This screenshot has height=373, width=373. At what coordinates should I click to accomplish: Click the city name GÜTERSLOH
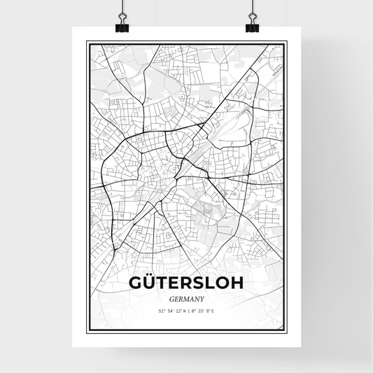tap(186, 282)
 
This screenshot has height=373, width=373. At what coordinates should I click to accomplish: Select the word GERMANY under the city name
tap(186, 297)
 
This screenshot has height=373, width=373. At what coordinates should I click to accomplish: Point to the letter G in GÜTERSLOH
tap(136, 282)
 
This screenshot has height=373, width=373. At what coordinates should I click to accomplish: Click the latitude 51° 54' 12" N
tap(171, 310)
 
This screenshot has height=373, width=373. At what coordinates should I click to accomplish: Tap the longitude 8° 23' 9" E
tap(203, 310)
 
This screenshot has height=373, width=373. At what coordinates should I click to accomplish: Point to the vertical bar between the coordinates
tap(188, 310)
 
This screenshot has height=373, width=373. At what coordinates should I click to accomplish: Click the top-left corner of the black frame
tap(87, 43)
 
